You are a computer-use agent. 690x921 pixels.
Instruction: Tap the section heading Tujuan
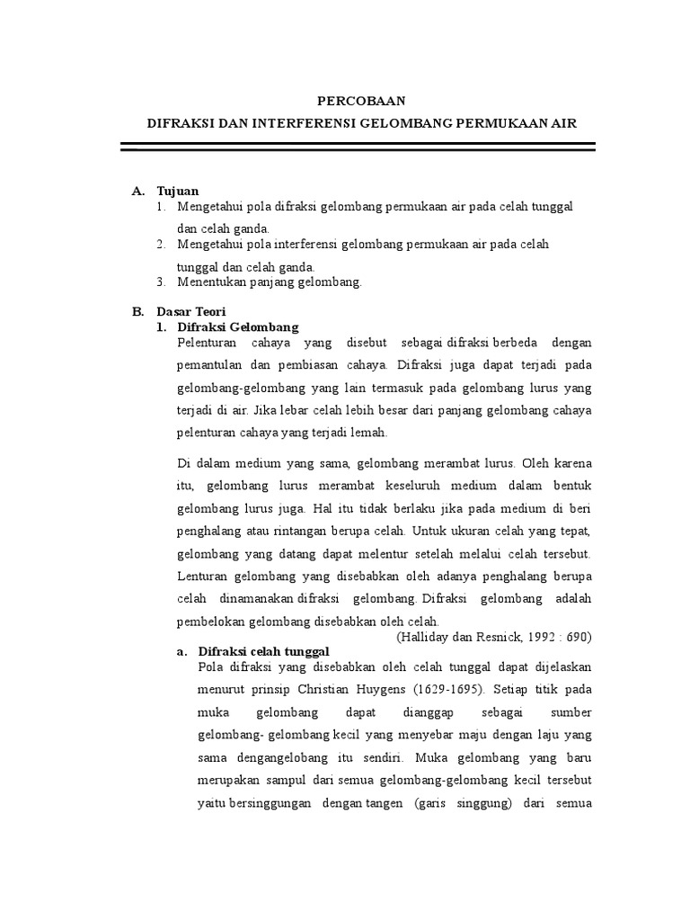coord(178,192)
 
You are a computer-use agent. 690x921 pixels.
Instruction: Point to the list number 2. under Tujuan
coord(160,245)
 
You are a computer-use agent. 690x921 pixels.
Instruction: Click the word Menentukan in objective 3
coord(208,282)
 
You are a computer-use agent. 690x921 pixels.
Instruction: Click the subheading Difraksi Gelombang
coord(238,327)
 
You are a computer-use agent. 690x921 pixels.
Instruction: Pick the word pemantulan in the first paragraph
coord(211,365)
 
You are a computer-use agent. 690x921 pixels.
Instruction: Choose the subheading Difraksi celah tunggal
coord(264,651)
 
